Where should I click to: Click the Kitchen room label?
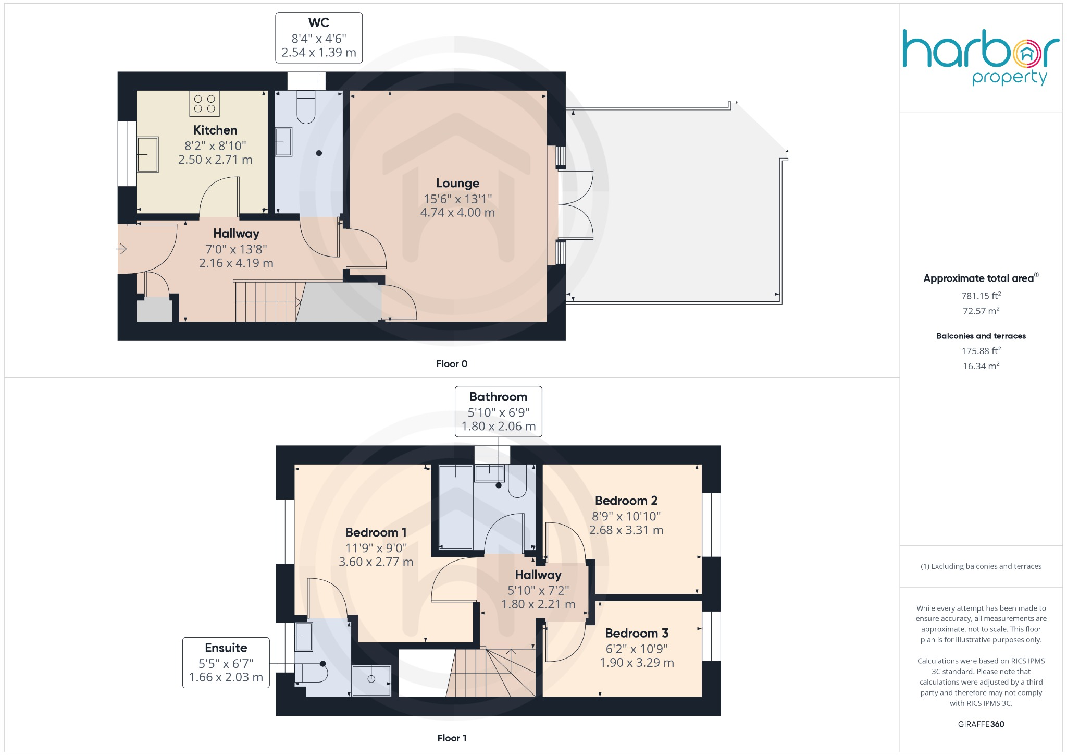point(215,130)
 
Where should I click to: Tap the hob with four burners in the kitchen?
point(204,103)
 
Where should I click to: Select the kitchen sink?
point(147,154)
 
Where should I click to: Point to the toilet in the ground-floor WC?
point(306,107)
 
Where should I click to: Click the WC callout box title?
point(319,23)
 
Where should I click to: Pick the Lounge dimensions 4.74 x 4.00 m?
point(457,213)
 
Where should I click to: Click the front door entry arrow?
point(121,249)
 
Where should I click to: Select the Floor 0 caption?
point(452,364)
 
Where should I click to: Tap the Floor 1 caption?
point(452,738)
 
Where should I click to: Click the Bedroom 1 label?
point(376,532)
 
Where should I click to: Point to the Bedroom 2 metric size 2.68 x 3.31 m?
point(626,530)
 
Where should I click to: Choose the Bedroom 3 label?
point(637,634)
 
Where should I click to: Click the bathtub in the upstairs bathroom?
point(456,506)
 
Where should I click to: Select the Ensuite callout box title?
point(226,648)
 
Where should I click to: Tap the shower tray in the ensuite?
point(371,680)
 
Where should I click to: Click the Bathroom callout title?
point(499,397)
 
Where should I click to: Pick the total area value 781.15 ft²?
point(981,296)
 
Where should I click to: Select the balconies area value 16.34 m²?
point(981,366)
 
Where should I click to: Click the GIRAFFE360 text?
point(981,724)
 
